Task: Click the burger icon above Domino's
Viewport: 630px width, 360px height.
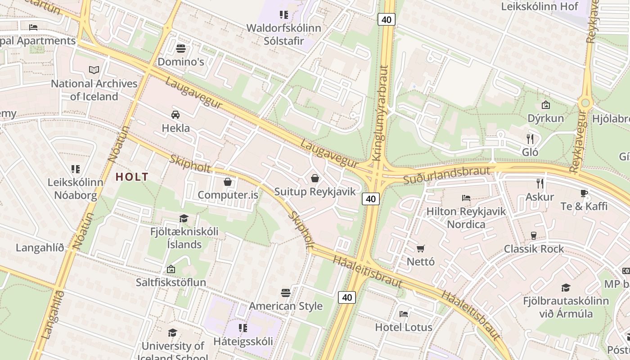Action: (181, 48)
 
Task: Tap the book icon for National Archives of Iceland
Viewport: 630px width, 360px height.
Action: (94, 70)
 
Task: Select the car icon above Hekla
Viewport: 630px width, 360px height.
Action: (175, 115)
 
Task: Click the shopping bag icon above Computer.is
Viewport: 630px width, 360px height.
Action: (228, 182)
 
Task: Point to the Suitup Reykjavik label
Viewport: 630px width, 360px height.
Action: (315, 192)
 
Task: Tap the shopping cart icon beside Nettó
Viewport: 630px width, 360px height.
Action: (421, 248)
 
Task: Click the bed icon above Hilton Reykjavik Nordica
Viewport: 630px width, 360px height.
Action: (466, 198)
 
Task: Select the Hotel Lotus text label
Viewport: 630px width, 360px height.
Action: (404, 327)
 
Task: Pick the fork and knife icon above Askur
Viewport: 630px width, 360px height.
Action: (540, 183)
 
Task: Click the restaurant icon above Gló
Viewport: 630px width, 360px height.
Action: (530, 139)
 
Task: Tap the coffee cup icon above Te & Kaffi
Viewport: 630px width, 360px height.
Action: (584, 193)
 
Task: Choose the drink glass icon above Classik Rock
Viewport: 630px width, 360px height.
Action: (534, 235)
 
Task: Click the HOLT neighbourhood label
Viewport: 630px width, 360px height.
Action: (132, 177)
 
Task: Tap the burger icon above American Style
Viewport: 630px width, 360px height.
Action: (286, 293)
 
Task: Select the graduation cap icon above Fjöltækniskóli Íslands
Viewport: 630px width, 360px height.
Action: (184, 218)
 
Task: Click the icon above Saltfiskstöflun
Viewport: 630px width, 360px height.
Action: (171, 269)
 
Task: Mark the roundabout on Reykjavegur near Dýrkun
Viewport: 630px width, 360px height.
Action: (585, 103)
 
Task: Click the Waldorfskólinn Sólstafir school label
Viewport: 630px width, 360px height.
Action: (283, 34)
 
